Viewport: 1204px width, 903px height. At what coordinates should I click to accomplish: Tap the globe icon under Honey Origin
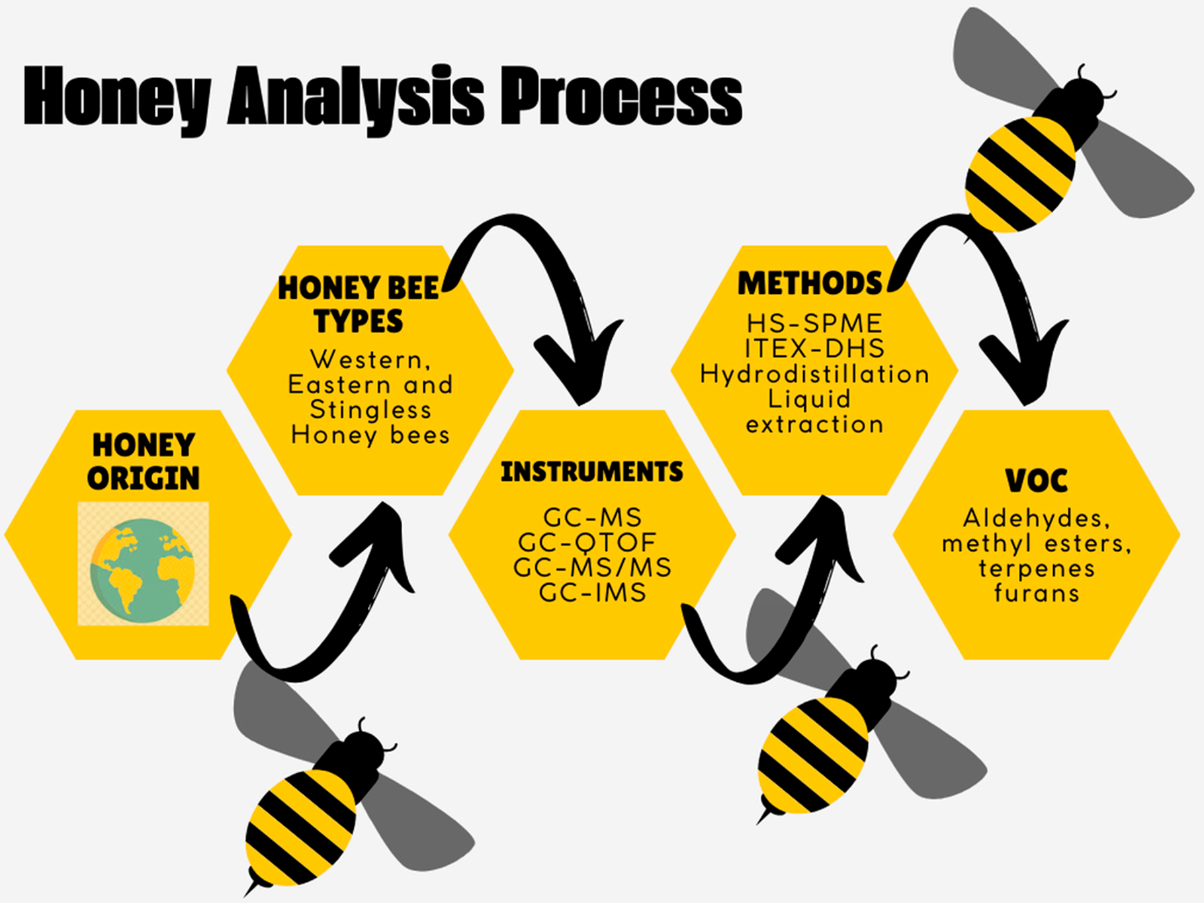click(x=143, y=564)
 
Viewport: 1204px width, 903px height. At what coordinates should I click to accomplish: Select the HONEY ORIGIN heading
click(x=144, y=461)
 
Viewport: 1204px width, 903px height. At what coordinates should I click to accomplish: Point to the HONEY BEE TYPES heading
click(x=359, y=305)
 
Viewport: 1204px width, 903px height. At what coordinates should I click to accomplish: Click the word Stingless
click(x=370, y=410)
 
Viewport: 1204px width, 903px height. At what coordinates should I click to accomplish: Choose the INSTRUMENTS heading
click(x=592, y=472)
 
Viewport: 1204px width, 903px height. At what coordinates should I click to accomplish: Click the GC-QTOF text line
click(x=587, y=543)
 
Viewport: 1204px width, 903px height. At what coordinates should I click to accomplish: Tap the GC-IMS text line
click(x=593, y=593)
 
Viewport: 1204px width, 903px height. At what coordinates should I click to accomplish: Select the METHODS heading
click(x=810, y=283)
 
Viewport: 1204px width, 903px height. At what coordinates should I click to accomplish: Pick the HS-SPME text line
click(x=814, y=324)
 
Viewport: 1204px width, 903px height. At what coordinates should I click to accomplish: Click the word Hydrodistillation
click(x=814, y=375)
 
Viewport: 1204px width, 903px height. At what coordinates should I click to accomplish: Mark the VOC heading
click(x=1036, y=481)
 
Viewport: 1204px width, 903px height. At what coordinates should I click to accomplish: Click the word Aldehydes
click(x=1036, y=518)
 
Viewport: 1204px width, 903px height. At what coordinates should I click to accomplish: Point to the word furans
click(x=1037, y=593)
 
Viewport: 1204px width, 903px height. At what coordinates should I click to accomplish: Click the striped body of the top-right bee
click(x=1019, y=174)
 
